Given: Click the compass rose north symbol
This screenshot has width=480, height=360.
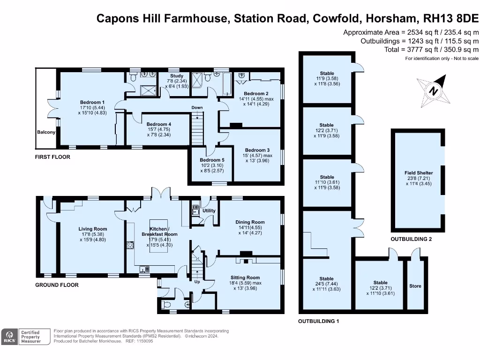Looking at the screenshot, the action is (x=433, y=91).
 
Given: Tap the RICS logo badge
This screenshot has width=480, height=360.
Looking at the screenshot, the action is (x=9, y=337).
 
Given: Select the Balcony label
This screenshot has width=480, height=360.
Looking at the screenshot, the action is (x=46, y=132).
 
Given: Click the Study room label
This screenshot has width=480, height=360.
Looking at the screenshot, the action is (x=177, y=75).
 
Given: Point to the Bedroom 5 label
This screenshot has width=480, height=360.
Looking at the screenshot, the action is (x=212, y=160).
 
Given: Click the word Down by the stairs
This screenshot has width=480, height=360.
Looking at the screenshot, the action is (x=197, y=107).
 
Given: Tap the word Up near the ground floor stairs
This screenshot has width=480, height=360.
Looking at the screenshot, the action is (x=197, y=282).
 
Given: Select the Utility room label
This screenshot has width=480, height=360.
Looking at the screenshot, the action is (x=209, y=210).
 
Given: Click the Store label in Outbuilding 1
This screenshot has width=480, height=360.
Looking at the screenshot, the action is (x=415, y=286).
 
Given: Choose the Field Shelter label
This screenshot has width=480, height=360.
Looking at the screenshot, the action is (x=419, y=172).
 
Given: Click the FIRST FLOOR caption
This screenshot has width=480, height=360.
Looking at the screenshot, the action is (x=52, y=157).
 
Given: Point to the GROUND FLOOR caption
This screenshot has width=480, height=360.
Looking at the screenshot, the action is (x=57, y=285).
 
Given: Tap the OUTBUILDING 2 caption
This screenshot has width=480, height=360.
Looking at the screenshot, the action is (x=411, y=239).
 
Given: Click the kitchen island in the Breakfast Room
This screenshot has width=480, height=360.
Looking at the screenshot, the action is (x=158, y=236).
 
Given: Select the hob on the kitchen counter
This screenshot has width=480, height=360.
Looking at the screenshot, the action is (x=130, y=245).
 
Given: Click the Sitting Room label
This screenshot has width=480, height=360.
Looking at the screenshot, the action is (x=245, y=277).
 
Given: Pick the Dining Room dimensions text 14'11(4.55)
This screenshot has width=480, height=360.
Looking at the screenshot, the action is (x=250, y=227).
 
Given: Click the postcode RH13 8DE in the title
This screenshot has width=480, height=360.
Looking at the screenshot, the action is (x=450, y=18).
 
